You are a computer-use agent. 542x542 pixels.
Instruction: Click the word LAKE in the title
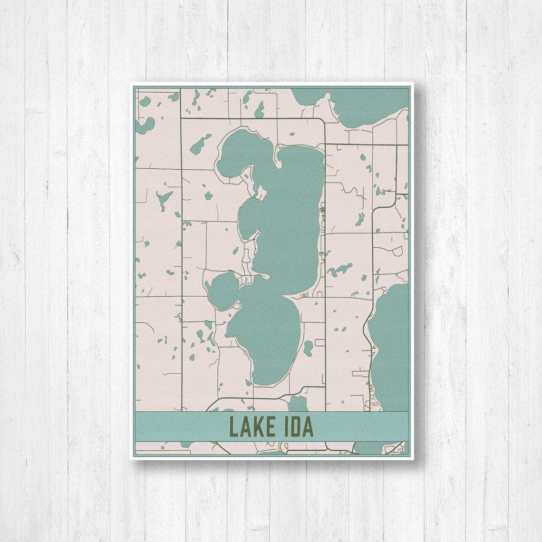(x=252, y=426)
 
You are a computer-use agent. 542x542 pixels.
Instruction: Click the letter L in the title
(x=233, y=426)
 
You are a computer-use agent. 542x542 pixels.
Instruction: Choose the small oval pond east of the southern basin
(x=308, y=348)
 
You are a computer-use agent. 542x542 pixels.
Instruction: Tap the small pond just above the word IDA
(x=298, y=404)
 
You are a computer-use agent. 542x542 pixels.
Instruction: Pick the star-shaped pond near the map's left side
(x=163, y=199)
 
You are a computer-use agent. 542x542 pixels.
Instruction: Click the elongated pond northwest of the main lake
(x=201, y=144)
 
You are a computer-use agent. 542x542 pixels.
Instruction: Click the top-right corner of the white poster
(x=413, y=83)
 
